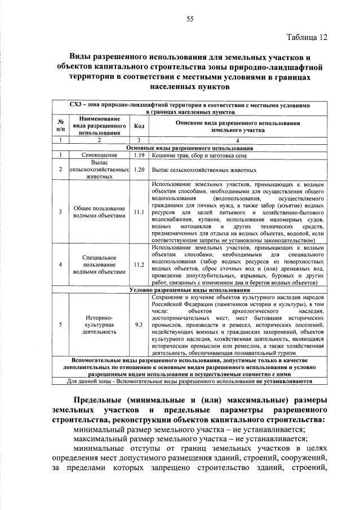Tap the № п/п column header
point(60,126)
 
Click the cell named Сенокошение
point(99,154)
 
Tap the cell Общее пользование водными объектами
point(99,212)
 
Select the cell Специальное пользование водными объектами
point(99,263)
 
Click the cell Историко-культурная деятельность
point(99,324)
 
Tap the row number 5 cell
point(60,324)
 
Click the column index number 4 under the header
point(237,140)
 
